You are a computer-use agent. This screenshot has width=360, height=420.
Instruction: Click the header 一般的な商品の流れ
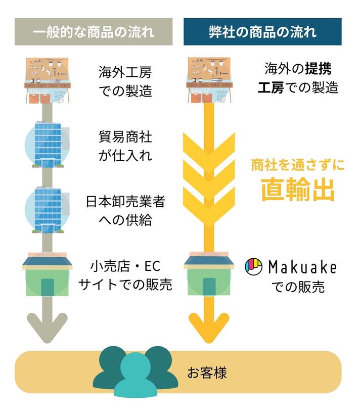(94, 32)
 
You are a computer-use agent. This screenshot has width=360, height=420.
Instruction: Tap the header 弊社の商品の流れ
(262, 32)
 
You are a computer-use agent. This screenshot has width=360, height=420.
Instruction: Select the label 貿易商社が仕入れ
(125, 146)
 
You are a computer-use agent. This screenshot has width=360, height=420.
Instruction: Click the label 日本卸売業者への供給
(125, 211)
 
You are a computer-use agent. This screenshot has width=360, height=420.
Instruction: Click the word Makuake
(302, 266)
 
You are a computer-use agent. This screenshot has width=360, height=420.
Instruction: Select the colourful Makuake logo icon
(253, 266)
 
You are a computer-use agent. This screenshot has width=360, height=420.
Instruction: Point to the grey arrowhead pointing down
(47, 328)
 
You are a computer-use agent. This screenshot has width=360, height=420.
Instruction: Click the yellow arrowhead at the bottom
(208, 328)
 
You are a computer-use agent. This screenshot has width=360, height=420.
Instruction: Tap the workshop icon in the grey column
(47, 80)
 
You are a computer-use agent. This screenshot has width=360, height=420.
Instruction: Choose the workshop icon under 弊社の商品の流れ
(208, 80)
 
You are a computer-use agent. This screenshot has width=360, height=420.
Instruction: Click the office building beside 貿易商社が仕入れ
(47, 144)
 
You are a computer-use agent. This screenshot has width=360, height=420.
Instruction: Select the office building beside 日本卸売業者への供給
(47, 208)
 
